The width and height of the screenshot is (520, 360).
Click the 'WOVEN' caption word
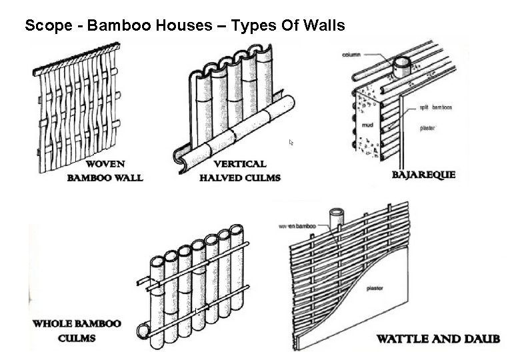(105, 164)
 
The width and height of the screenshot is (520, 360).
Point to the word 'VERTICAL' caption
(240, 164)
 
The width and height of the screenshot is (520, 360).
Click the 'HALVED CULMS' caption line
(240, 177)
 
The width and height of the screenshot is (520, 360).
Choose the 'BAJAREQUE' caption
(424, 175)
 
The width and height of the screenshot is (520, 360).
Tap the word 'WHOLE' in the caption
(56, 324)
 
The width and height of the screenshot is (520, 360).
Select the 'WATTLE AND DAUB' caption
(438, 339)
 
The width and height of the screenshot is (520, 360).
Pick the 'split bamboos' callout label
(436, 107)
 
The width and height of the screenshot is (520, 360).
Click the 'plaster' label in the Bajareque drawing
(427, 127)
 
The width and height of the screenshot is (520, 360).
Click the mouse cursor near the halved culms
(291, 143)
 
